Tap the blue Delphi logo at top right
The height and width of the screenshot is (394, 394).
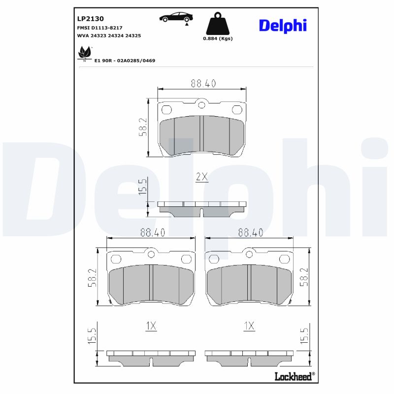[283, 25]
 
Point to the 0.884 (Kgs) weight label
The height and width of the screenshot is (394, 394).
[218, 38]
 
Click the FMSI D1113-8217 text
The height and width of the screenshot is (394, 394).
[100, 28]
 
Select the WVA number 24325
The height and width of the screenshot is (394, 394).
[133, 36]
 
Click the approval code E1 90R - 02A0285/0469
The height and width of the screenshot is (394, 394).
[125, 61]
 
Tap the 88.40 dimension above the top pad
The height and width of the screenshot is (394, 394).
[203, 84]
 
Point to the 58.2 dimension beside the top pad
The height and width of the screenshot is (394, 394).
[143, 127]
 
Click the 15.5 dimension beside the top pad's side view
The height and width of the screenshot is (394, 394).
[143, 188]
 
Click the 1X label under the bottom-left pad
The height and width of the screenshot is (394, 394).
[151, 326]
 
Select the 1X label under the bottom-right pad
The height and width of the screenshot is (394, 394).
[249, 326]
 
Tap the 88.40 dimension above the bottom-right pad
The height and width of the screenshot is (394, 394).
[250, 232]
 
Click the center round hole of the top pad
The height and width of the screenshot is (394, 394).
[201, 104]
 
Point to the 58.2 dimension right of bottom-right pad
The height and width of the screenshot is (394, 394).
[304, 277]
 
